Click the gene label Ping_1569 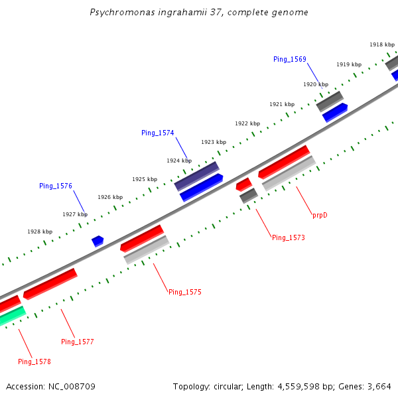tap(289, 59)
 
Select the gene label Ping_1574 tap(157, 133)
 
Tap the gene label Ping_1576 tap(56, 186)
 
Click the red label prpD tap(320, 215)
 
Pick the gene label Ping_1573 tap(288, 237)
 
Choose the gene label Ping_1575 tap(184, 292)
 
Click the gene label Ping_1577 tap(77, 342)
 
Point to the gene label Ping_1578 tap(34, 362)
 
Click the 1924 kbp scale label tap(178, 161)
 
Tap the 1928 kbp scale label tap(40, 232)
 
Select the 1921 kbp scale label tap(281, 104)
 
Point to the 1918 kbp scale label tap(381, 44)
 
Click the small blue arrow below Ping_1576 tap(98, 240)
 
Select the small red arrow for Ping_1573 tap(243, 184)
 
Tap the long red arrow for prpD tap(284, 161)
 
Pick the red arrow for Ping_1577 tap(50, 283)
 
